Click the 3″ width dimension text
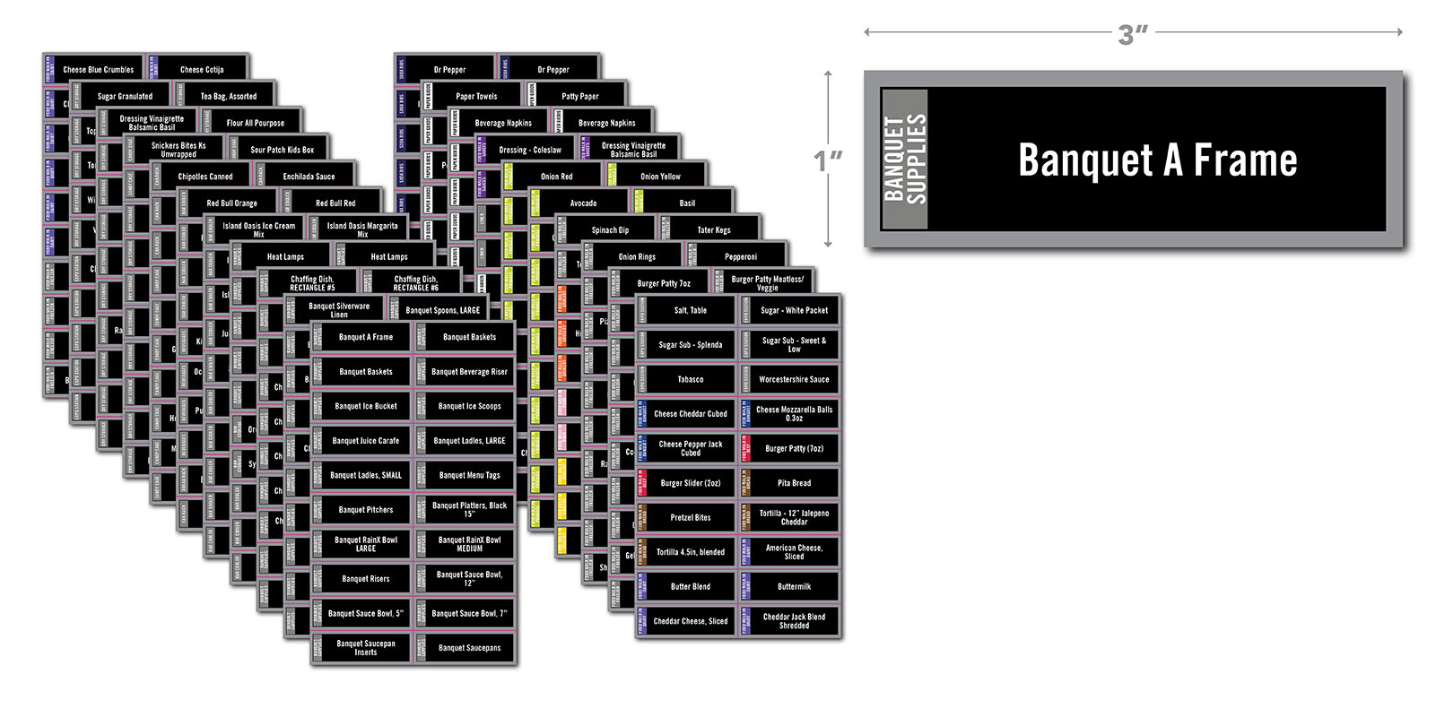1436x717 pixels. click(x=1133, y=34)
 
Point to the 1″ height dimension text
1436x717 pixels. click(x=829, y=160)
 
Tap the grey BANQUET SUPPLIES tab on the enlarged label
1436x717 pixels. click(x=904, y=159)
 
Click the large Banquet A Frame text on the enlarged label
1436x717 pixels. click(x=1157, y=160)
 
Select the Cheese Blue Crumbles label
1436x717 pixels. click(x=98, y=69)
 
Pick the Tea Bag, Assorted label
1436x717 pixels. click(x=228, y=96)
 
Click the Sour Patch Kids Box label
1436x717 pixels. click(x=282, y=150)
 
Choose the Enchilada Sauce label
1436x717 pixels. click(x=309, y=177)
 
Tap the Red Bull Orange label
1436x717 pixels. click(x=231, y=203)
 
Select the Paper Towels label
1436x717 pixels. click(x=476, y=96)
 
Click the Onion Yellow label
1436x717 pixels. click(x=660, y=177)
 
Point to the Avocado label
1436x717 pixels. click(x=583, y=203)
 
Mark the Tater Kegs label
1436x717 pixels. click(x=714, y=230)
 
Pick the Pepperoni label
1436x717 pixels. click(x=741, y=257)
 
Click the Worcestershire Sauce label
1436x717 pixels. click(x=794, y=379)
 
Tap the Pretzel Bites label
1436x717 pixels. click(x=690, y=517)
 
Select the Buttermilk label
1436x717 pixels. click(x=794, y=586)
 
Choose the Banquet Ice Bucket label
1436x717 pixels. click(x=366, y=406)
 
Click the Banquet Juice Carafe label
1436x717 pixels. click(x=366, y=441)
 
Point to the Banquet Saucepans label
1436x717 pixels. click(x=469, y=648)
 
